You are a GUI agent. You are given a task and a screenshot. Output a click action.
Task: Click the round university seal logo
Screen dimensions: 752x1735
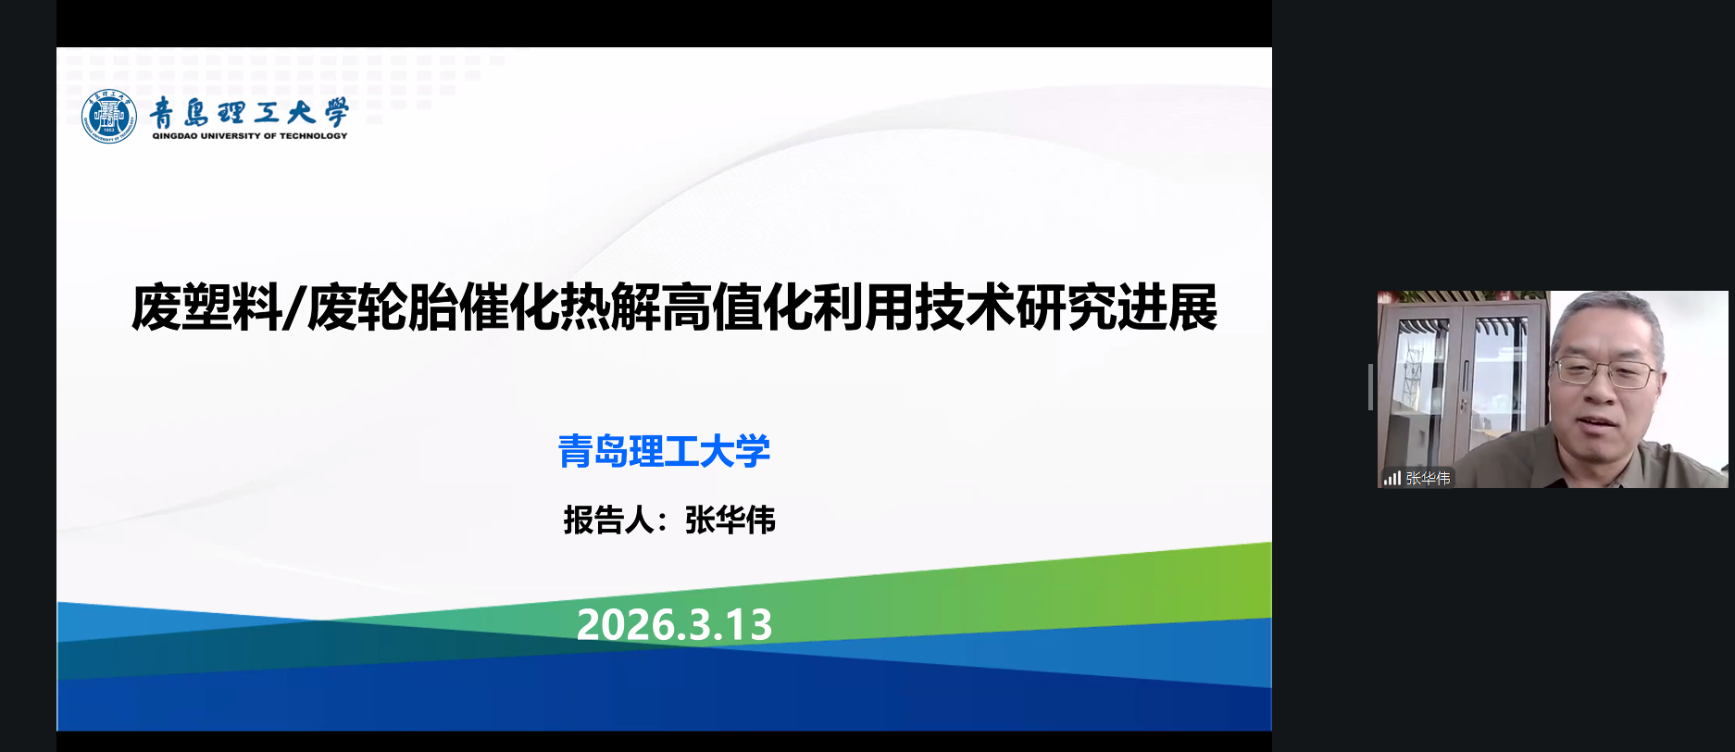(109, 117)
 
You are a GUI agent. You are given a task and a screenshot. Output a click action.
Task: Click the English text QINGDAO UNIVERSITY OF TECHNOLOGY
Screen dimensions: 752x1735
(250, 136)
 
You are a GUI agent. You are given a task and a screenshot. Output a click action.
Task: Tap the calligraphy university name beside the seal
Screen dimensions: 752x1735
(249, 112)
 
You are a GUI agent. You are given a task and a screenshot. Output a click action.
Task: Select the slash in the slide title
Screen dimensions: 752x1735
(293, 308)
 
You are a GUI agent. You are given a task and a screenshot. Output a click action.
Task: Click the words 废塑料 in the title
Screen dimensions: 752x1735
(206, 308)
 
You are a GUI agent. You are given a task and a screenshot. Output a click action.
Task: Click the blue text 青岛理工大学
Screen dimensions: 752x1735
(664, 452)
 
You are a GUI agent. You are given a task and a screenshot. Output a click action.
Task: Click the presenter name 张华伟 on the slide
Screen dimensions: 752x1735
(730, 520)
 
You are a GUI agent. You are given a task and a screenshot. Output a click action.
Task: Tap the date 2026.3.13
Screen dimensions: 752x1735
(674, 625)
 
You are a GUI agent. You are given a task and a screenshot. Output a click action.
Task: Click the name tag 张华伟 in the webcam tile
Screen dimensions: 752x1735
(1428, 479)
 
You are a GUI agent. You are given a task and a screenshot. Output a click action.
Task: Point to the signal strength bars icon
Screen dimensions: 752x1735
(1392, 479)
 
